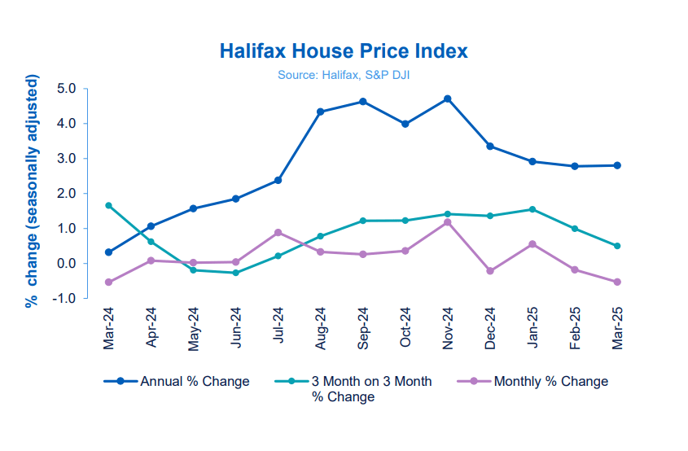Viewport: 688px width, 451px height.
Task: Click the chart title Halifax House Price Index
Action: (x=344, y=51)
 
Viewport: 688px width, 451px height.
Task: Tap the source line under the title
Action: (x=344, y=74)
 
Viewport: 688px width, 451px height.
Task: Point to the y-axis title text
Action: (x=33, y=190)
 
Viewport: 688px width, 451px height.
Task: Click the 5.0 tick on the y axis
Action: (x=66, y=89)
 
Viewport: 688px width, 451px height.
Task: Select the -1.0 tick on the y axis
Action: (x=64, y=299)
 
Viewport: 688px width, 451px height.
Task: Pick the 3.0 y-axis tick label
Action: (x=66, y=159)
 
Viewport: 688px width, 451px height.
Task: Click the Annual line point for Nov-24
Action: (x=448, y=99)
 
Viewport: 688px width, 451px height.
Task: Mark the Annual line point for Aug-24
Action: (x=321, y=112)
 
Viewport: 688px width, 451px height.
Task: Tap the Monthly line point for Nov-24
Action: (x=448, y=222)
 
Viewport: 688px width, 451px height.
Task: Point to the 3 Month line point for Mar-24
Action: (x=108, y=205)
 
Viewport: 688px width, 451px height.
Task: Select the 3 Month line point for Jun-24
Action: (x=236, y=273)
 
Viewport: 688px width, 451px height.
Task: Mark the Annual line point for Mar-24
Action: (x=108, y=252)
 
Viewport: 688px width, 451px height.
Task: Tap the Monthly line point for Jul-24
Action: (x=278, y=233)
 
